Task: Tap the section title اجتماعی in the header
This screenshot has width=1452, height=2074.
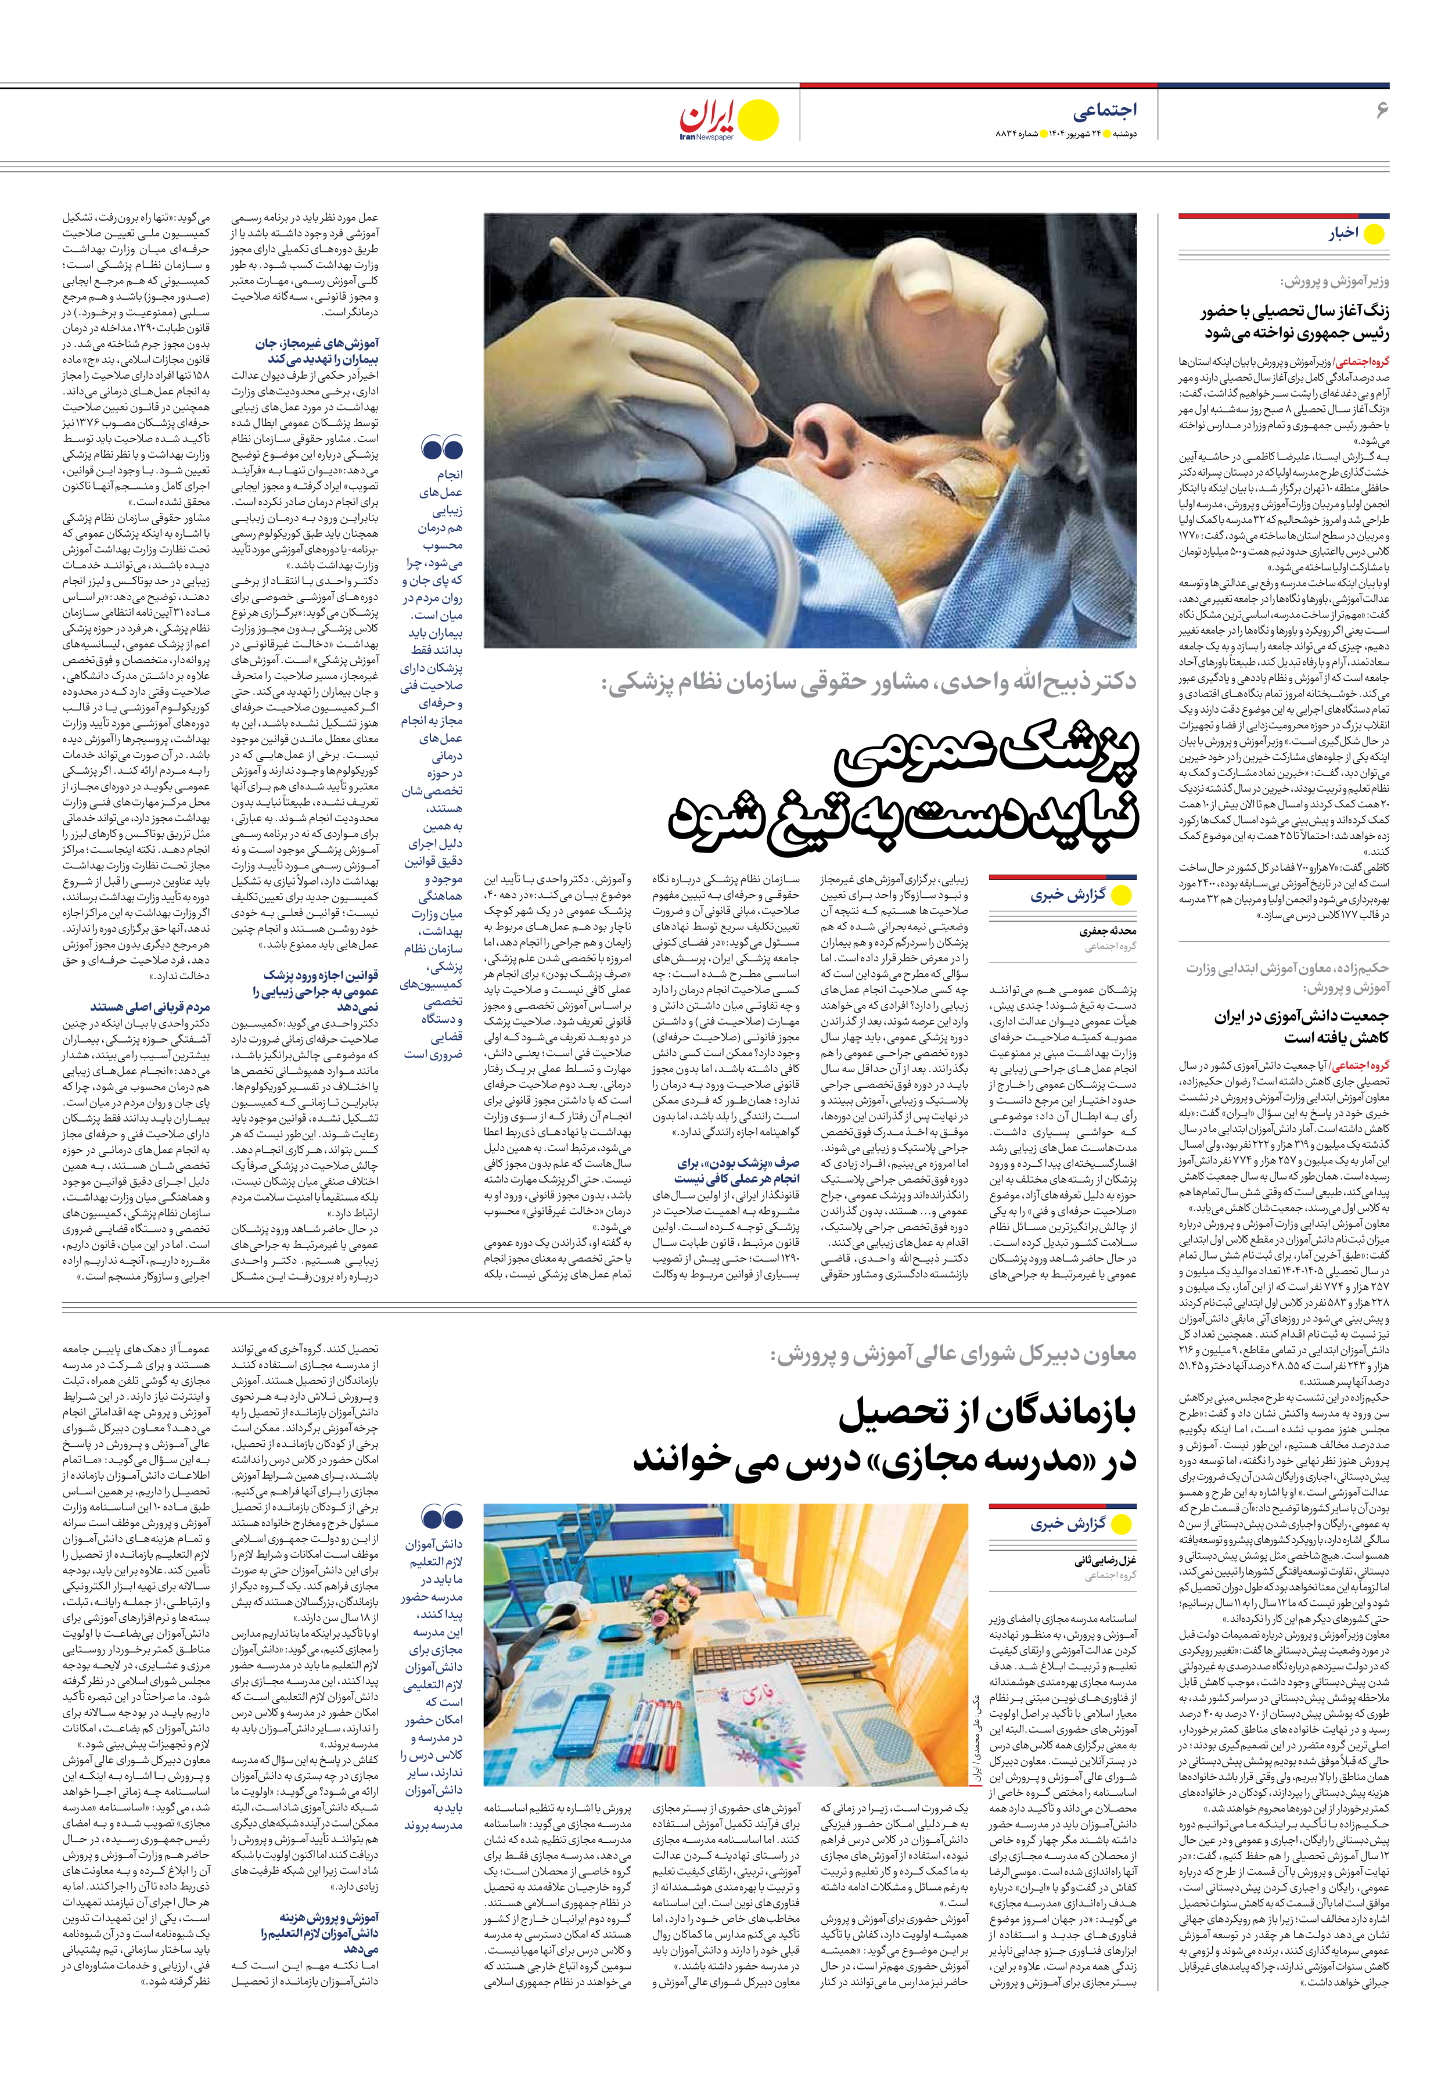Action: (x=1104, y=111)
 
